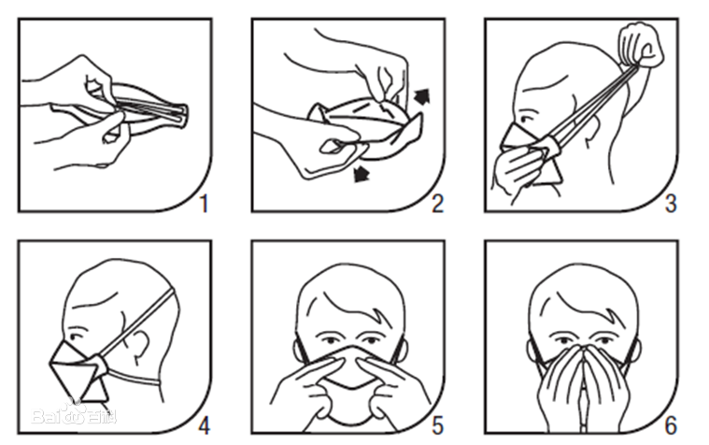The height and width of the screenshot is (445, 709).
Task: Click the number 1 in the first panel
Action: tap(204, 204)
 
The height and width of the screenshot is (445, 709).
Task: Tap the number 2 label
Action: tap(438, 204)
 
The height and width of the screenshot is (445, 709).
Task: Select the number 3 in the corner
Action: tap(671, 204)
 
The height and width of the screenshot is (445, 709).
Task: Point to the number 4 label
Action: tap(204, 425)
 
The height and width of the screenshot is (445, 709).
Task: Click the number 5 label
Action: tap(438, 425)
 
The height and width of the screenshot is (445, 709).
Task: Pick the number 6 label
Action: tap(671, 425)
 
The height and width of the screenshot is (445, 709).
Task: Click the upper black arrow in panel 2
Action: tap(422, 96)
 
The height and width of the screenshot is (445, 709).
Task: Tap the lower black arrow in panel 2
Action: tap(362, 174)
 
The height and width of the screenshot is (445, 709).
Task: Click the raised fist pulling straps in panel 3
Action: tap(641, 47)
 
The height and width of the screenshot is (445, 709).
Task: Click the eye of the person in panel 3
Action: tap(526, 120)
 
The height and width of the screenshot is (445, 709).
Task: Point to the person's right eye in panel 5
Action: tap(327, 340)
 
